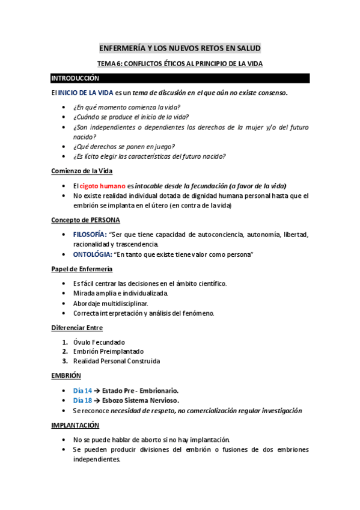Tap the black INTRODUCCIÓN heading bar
180,78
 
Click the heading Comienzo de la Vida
81,171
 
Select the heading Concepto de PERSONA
85,220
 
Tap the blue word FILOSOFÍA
90,235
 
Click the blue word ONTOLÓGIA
92,255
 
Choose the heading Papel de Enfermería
82,269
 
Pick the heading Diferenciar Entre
77,328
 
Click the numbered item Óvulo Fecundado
99,342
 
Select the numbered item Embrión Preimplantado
108,351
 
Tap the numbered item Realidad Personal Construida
117,361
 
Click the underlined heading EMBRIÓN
66,375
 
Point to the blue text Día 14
83,390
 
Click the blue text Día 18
83,400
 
